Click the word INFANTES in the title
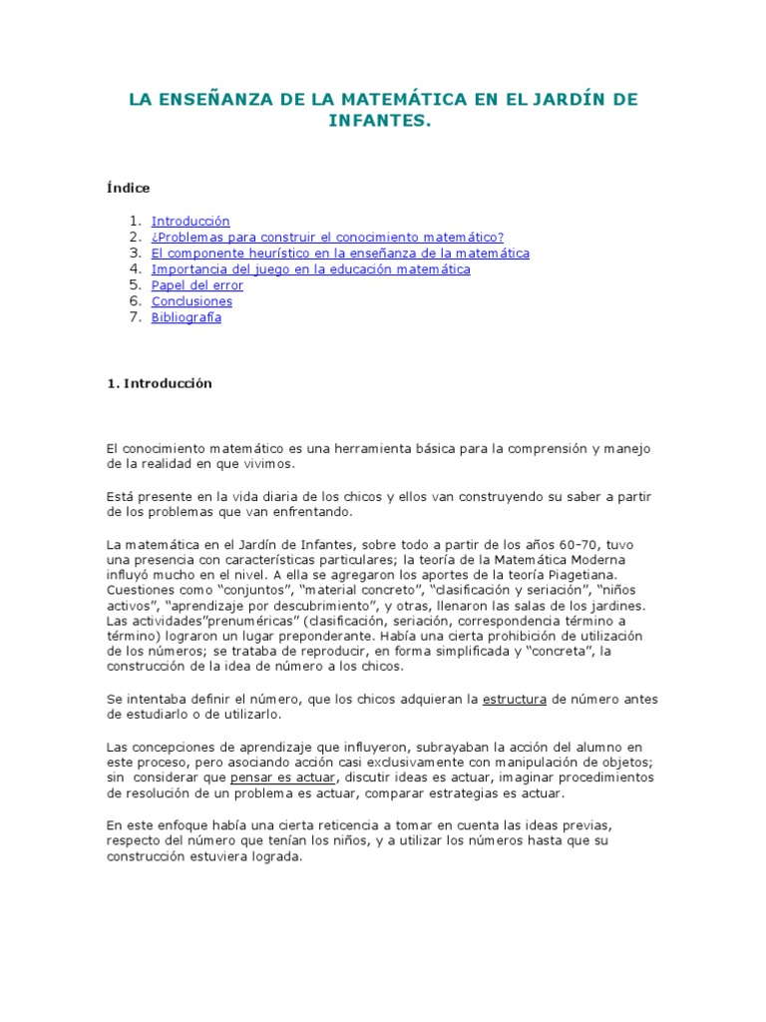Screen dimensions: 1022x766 [382, 121]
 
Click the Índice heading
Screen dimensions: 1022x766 [128, 188]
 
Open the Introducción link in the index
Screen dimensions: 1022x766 [191, 221]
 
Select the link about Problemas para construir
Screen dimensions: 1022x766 [327, 237]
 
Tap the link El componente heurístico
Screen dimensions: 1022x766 [340, 253]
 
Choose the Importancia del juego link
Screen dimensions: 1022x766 [310, 268]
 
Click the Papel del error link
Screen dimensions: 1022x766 [196, 284]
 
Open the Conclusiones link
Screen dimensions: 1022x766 [191, 300]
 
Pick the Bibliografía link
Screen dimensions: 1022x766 [187, 317]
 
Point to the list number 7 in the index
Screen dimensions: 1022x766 [134, 317]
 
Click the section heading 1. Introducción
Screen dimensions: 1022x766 [160, 383]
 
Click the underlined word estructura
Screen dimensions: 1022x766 [514, 699]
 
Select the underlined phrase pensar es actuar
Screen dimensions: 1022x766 [283, 776]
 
